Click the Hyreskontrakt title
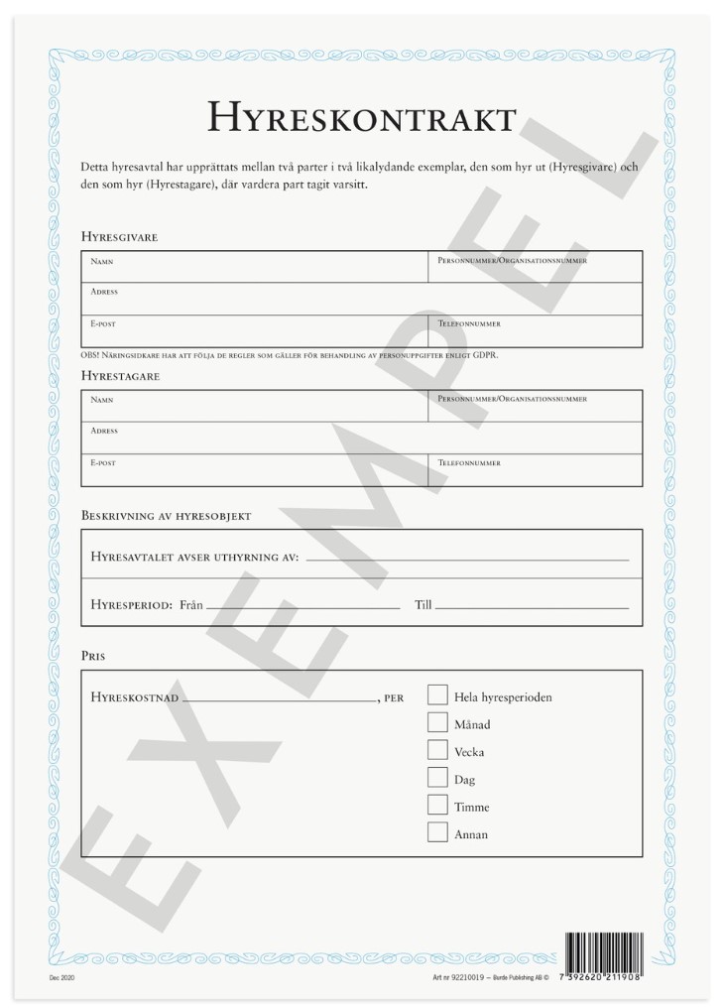[x=361, y=118]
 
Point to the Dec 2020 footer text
[x=61, y=978]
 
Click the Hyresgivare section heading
[x=119, y=237]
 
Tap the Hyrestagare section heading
[x=120, y=376]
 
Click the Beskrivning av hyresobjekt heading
[x=166, y=516]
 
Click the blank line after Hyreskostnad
[x=279, y=700]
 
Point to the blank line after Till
[x=532, y=606]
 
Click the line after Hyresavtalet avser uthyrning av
[x=467, y=561]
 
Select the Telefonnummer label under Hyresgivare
[x=468, y=323]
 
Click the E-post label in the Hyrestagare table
[x=103, y=462]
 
